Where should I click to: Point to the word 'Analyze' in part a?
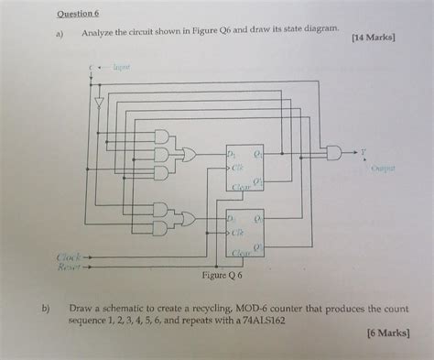point(100,33)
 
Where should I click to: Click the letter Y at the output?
point(363,150)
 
